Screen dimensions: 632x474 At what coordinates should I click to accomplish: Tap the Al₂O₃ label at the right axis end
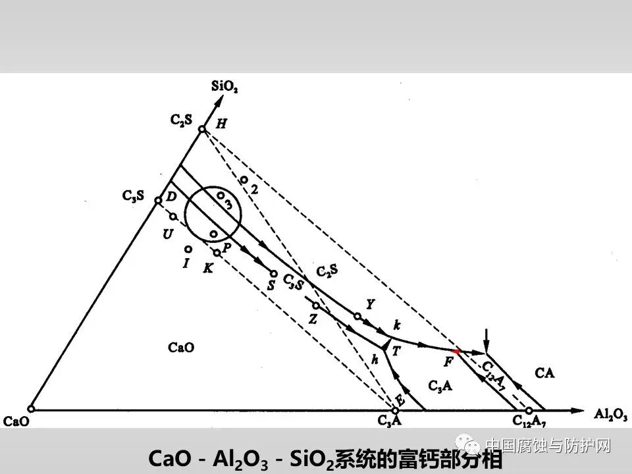(610, 413)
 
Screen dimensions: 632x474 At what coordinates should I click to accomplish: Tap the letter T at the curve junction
(396, 351)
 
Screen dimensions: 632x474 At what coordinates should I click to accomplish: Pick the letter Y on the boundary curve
(370, 304)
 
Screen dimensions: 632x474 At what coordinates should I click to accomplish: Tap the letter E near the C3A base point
(399, 399)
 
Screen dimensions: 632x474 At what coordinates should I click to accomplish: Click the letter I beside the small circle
(186, 263)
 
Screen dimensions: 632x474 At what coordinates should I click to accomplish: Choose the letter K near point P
(208, 268)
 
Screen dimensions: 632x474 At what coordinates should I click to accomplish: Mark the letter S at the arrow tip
(271, 285)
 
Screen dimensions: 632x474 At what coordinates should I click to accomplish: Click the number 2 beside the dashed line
(254, 189)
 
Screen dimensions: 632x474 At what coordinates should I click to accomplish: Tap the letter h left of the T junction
(375, 359)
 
